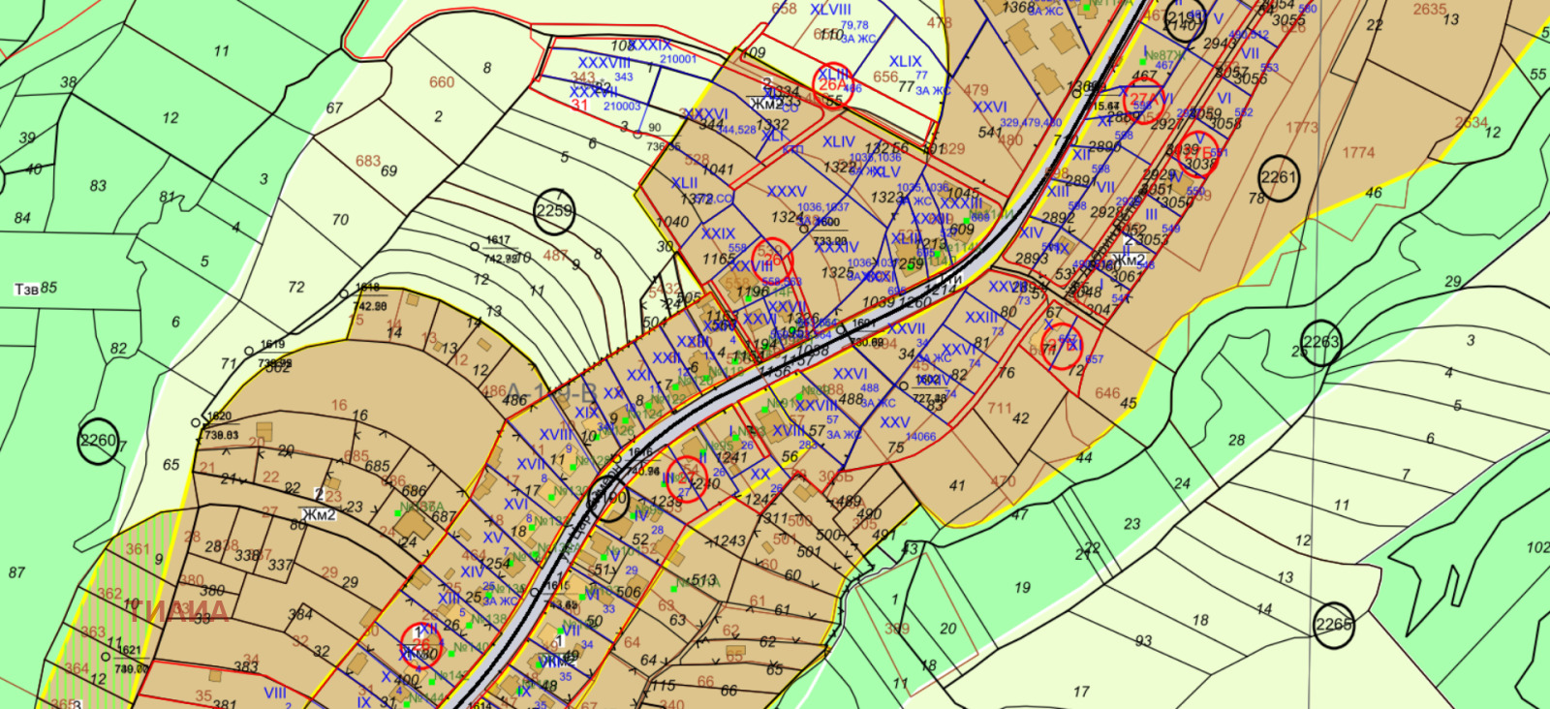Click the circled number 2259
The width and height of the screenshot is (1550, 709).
[555, 212]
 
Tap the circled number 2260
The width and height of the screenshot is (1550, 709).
[98, 441]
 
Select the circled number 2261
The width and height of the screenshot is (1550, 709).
[1279, 178]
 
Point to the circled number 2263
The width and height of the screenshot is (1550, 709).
[1320, 342]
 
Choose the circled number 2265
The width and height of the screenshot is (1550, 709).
[1333, 625]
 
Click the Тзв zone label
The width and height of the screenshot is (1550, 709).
[26, 289]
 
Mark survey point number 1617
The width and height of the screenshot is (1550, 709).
[498, 240]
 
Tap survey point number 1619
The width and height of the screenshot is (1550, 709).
[273, 344]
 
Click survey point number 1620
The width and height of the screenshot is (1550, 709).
[219, 416]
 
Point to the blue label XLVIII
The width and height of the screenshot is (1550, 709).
[830, 10]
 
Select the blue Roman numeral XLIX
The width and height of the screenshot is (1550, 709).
[906, 61]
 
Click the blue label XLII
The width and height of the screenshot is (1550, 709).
[684, 183]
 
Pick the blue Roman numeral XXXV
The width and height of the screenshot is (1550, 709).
[786, 192]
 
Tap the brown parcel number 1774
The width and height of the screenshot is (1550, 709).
[1358, 152]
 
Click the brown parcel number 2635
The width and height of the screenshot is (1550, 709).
[1429, 10]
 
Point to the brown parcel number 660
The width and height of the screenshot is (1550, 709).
[442, 82]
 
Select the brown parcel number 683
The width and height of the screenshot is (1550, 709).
[368, 161]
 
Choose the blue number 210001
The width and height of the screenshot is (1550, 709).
[678, 59]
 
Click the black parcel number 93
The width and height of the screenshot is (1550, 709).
[1144, 640]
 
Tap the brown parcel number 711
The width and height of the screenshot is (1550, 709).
[1000, 409]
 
